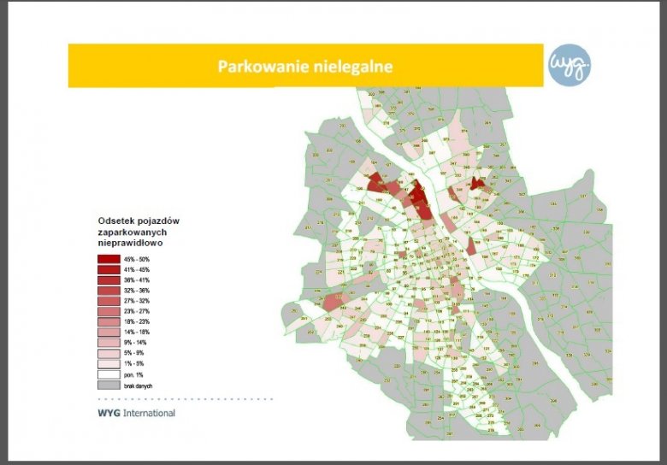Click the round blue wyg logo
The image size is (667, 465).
[x=570, y=66]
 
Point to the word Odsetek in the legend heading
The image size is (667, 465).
[x=116, y=221]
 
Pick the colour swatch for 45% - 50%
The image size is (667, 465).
[x=109, y=259]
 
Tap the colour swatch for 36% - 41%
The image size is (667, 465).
[x=109, y=280]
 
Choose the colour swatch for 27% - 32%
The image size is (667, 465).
[x=109, y=301]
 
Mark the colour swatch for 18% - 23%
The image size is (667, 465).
[x=109, y=321]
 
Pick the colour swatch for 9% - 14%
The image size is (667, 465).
[x=109, y=342]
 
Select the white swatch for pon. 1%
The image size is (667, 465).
[x=109, y=374]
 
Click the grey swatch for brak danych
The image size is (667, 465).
[x=109, y=385]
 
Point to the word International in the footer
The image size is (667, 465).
[x=149, y=413]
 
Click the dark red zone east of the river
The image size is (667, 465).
[x=477, y=184]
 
